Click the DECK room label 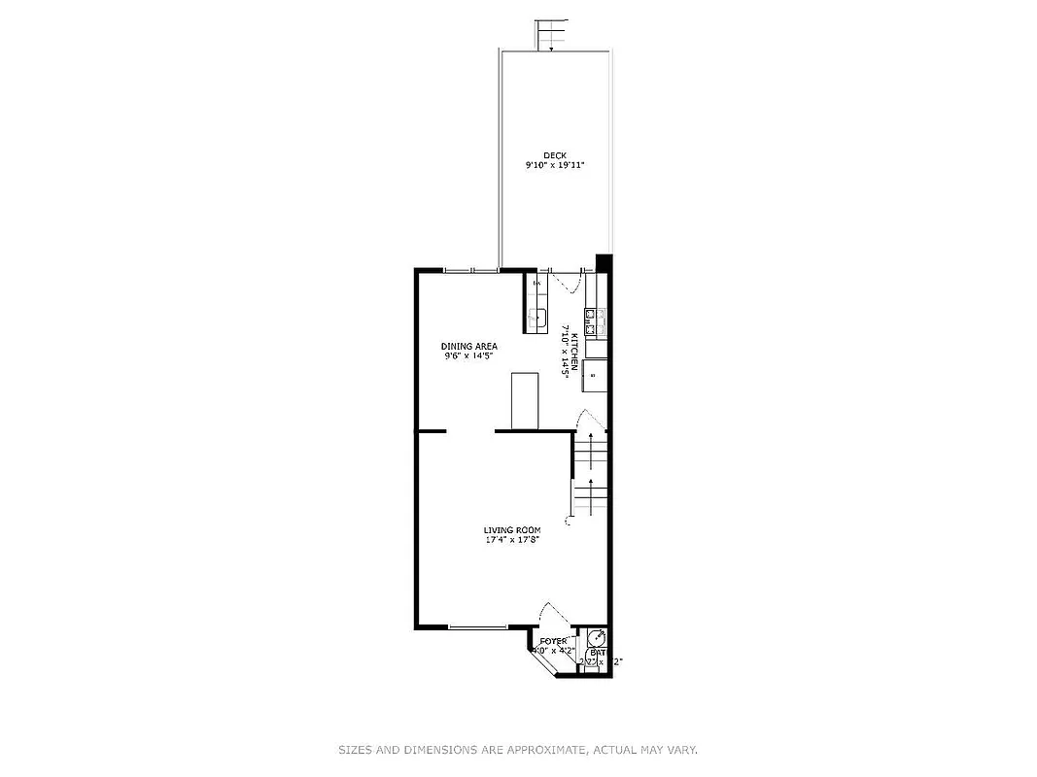[x=554, y=155]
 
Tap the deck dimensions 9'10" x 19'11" [x=554, y=166]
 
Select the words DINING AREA [x=469, y=346]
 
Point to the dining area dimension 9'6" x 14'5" [x=469, y=356]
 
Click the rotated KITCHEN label [x=574, y=351]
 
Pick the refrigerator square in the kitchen [x=595, y=374]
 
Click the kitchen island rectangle [x=524, y=399]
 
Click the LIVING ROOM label [x=512, y=530]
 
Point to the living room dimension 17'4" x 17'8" [x=512, y=541]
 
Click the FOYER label [x=554, y=641]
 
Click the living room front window [x=477, y=627]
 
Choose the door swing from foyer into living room [x=554, y=615]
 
